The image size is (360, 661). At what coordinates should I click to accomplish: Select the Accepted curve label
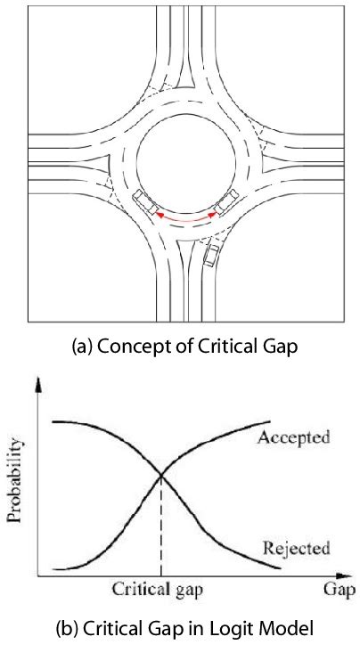tap(294, 437)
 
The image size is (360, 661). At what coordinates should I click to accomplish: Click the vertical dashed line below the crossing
tap(161, 530)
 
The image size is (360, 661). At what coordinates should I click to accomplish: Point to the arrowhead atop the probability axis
tap(38, 386)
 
